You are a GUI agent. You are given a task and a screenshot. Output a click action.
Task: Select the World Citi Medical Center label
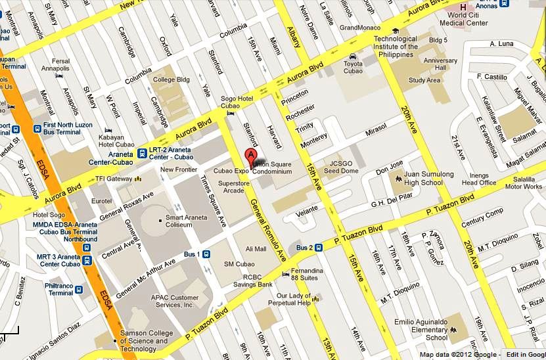[468, 18]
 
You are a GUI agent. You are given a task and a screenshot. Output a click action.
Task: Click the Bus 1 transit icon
[206, 254]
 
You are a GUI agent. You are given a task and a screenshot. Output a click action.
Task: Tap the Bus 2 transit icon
[318, 248]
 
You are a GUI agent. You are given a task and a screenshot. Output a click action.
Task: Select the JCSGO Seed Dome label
[344, 168]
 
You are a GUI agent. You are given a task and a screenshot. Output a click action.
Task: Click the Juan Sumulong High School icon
[398, 178]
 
